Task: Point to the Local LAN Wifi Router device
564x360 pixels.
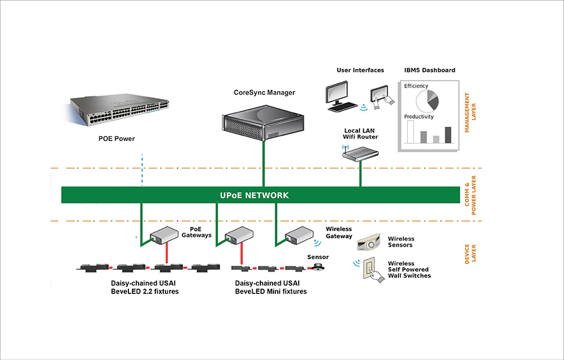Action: click(361, 154)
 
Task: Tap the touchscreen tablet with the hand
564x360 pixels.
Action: click(380, 96)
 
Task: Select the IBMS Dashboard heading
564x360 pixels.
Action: click(429, 70)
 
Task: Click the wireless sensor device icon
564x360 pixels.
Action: click(370, 244)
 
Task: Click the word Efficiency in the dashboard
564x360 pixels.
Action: click(416, 86)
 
